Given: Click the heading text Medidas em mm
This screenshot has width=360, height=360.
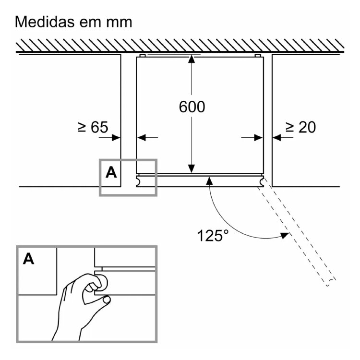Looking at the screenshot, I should (73, 23).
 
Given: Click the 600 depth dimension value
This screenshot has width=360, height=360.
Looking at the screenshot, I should (192, 107).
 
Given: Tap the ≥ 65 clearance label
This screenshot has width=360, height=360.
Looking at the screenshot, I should (92, 127).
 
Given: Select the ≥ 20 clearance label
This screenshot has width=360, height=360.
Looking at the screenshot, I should (300, 127).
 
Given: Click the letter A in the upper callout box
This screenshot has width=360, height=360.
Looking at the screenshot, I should (111, 173).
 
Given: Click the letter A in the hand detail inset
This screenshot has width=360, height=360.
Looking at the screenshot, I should (29, 259).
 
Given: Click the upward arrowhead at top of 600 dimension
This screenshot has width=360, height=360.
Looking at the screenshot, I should (192, 59).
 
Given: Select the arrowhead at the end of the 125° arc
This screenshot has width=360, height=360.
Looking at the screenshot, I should (285, 235).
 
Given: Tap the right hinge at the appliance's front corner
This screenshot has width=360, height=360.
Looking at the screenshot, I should (262, 181).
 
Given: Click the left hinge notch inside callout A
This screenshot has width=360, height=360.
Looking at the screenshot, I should (139, 181).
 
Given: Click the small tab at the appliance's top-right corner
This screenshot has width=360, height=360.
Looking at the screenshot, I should (258, 56).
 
